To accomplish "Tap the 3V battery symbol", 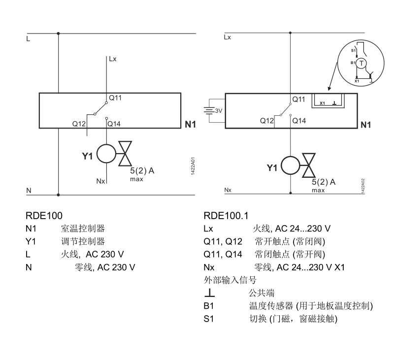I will coord(213,111).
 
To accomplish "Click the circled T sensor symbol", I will coord(362,63).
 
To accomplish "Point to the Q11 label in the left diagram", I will coord(115,98).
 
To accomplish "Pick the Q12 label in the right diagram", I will coord(267,121).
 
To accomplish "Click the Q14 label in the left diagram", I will coord(114,124).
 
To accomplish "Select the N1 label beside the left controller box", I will coord(190,125).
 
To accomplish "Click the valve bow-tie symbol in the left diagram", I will coord(126,154).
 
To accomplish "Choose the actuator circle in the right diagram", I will coord(291,165).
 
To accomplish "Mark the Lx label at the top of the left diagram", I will coord(113,60).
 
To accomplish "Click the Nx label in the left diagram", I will coord(100,181).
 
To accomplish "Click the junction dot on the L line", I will coord(59,33).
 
